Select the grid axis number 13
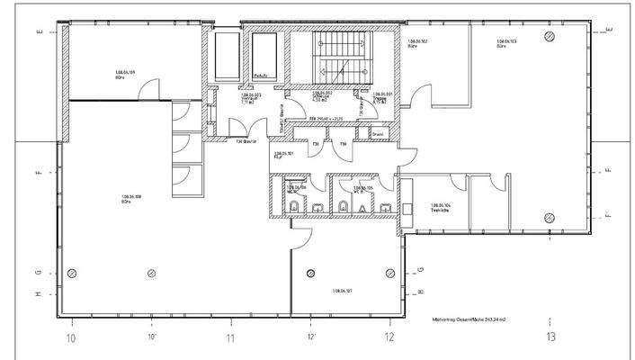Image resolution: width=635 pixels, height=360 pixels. point(550,337)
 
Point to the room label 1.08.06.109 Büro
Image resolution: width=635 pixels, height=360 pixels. point(124,74)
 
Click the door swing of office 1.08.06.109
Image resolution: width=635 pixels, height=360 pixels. point(155,89)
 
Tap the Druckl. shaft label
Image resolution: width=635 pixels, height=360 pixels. point(379,136)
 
